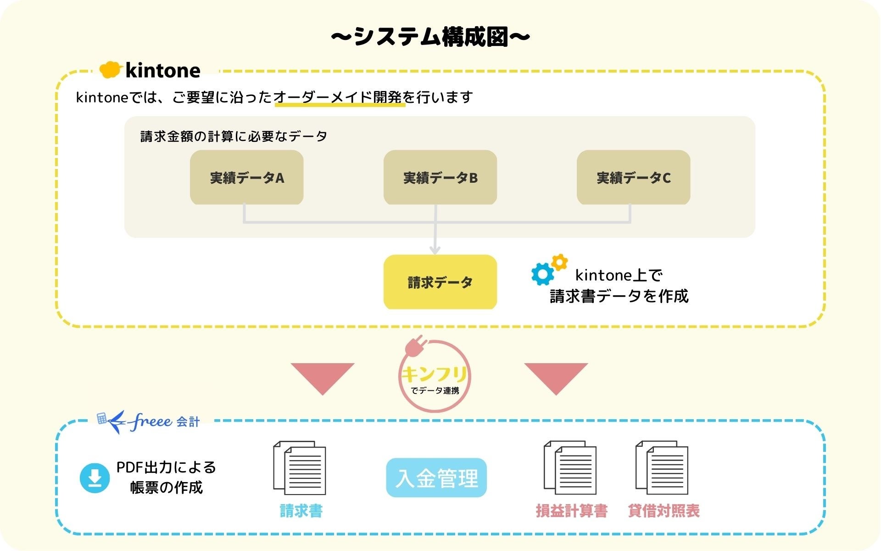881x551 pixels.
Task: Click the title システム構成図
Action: coord(430,37)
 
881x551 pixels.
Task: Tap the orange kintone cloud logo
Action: coord(110,69)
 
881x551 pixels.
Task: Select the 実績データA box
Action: coord(247,177)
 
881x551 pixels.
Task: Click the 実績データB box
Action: coord(440,177)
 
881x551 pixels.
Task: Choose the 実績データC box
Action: coord(633,177)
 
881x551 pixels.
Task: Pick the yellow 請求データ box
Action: coord(440,282)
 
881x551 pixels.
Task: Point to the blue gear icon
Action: coord(542,274)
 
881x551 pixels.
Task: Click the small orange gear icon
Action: coord(559,262)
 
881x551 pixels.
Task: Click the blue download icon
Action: coord(95,478)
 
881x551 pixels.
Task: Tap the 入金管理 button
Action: coord(436,478)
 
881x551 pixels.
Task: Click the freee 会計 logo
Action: coord(149,421)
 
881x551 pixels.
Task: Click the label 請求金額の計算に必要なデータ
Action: coord(234,136)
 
